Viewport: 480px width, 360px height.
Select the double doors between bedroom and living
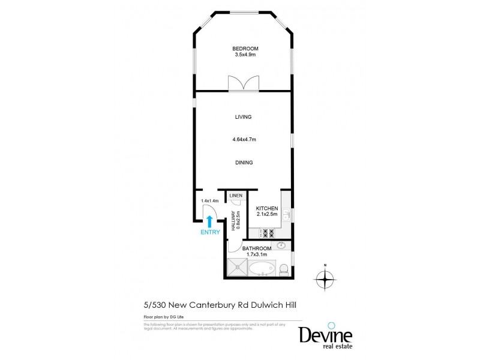pos(243,83)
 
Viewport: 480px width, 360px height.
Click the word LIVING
pos(243,117)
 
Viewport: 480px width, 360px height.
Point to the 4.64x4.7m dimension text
pos(244,140)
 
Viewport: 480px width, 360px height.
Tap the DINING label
pos(244,162)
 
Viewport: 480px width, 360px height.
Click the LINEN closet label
pos(235,196)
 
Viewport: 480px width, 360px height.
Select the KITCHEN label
pos(266,207)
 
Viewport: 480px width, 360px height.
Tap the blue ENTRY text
pos(210,232)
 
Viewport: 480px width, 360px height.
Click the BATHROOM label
pos(256,248)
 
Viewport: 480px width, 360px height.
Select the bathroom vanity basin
pos(281,245)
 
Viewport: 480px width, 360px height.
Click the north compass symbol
pos(325,279)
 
